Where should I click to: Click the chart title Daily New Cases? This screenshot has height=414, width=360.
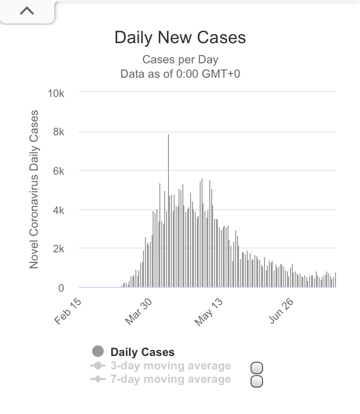[x=180, y=38]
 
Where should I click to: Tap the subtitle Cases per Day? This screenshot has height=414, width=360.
[x=180, y=60]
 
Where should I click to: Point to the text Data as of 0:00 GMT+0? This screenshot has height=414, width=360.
[x=180, y=74]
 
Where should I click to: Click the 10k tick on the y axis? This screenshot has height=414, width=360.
[x=56, y=93]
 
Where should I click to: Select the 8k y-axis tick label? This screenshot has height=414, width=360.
[x=58, y=132]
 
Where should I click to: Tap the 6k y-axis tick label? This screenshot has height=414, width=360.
[x=58, y=171]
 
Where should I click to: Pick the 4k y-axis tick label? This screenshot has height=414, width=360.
[x=58, y=210]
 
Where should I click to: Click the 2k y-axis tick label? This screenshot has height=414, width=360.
[x=58, y=249]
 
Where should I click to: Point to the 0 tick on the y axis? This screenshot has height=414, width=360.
[x=61, y=288]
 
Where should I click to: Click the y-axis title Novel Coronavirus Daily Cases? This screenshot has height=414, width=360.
[x=34, y=189]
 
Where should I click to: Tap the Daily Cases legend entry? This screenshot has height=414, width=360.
[x=142, y=353]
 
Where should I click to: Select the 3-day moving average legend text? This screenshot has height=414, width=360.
[x=170, y=366]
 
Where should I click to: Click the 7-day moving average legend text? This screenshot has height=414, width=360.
[x=170, y=379]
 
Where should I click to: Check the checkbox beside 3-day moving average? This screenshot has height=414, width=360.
[x=257, y=368]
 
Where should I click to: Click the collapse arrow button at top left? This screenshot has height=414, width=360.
[x=27, y=11]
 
